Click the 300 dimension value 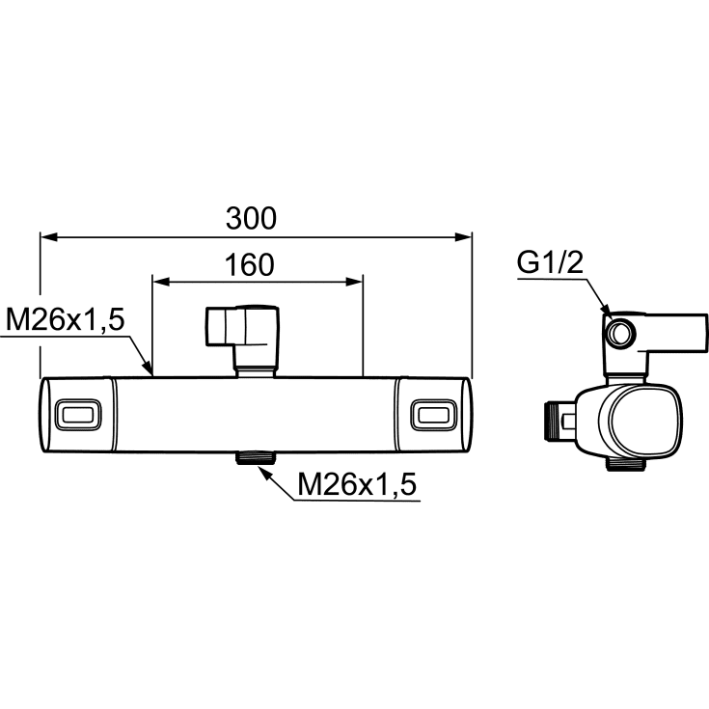pos(251,218)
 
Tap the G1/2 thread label pos(550,262)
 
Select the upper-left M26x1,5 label pos(65,320)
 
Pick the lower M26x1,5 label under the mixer pos(357,484)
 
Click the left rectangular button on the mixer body pos(77,415)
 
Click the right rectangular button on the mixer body pos(434,415)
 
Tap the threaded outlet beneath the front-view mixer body pos(255,457)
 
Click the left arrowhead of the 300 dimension pos(49,236)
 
